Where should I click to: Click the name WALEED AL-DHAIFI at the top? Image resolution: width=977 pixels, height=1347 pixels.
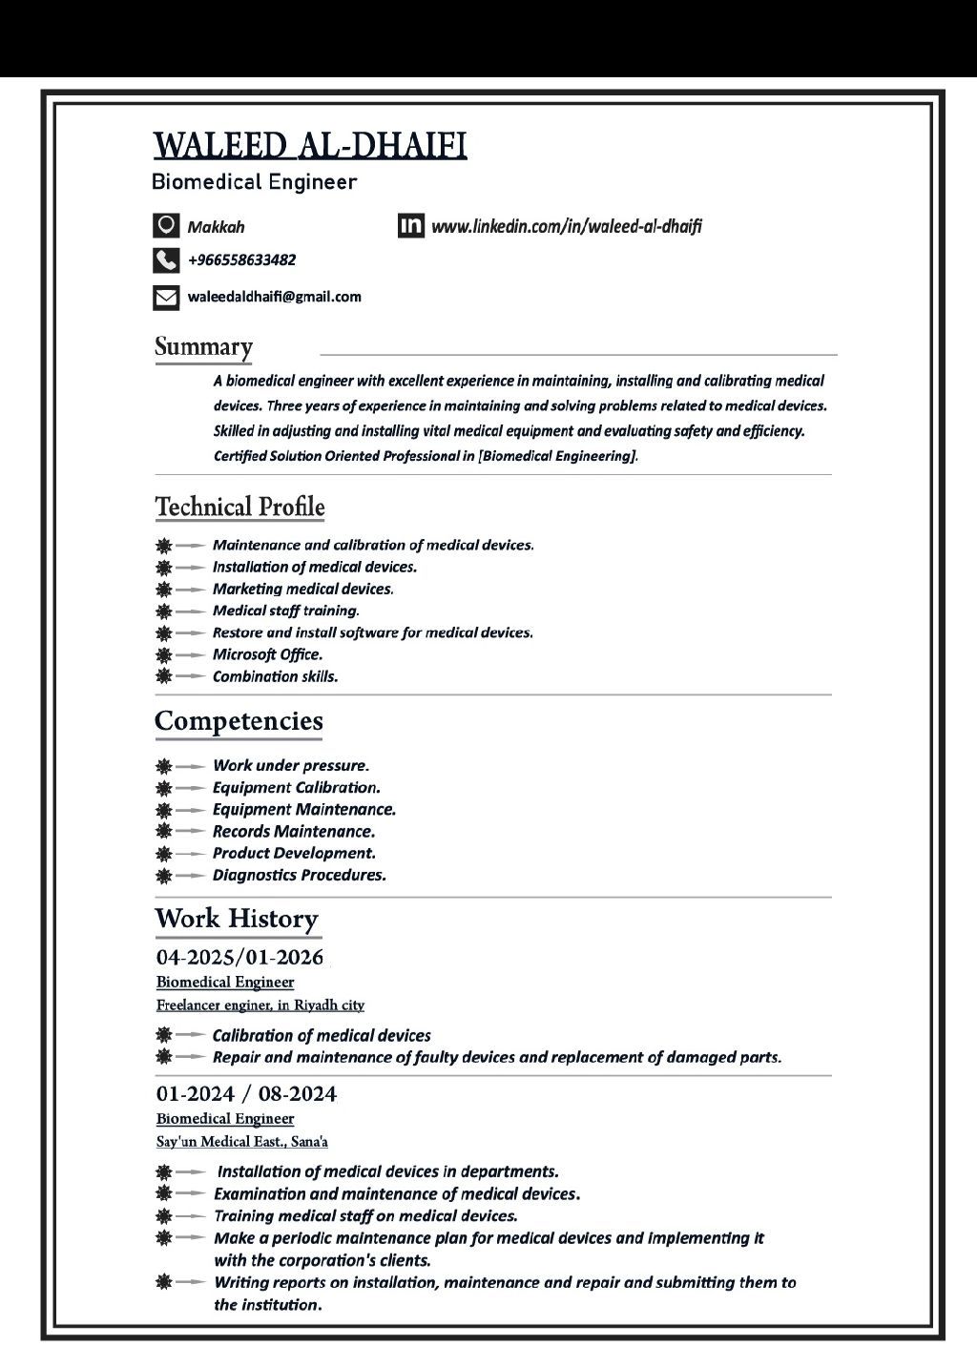coord(310,145)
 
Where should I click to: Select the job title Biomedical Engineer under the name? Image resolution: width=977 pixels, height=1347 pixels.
coord(254,182)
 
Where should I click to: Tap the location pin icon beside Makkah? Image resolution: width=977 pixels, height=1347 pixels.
coord(166,225)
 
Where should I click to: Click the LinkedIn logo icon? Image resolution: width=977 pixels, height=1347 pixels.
coord(411,225)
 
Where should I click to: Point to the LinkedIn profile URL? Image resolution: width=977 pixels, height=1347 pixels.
coord(567,226)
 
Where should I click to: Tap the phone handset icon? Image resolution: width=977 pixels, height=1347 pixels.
coord(166,259)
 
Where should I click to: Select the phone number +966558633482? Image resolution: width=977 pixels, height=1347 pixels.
coord(241,259)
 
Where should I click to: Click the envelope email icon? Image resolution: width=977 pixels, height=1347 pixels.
coord(166,298)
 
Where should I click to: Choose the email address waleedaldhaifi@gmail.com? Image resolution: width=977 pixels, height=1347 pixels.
coord(275,297)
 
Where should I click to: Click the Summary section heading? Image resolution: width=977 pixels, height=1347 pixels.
coord(204,346)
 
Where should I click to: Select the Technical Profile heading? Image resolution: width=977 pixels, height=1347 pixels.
coord(239,507)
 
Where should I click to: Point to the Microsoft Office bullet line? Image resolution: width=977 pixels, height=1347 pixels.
coord(267,654)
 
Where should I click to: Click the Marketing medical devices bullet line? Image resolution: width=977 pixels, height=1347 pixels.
coord(302,589)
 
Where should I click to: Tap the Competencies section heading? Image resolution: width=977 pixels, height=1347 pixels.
coord(239,721)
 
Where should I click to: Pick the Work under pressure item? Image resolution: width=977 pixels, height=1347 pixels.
coord(290,765)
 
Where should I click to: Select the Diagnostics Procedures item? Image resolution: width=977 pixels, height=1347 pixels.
coord(299,875)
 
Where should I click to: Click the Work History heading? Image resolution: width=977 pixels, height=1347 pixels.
coord(237,919)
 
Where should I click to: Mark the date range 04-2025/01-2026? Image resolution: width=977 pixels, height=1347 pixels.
coord(239,957)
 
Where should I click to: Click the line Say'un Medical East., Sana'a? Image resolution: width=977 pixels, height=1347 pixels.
coord(242,1141)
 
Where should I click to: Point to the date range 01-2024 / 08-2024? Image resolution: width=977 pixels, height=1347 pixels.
coord(246,1093)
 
